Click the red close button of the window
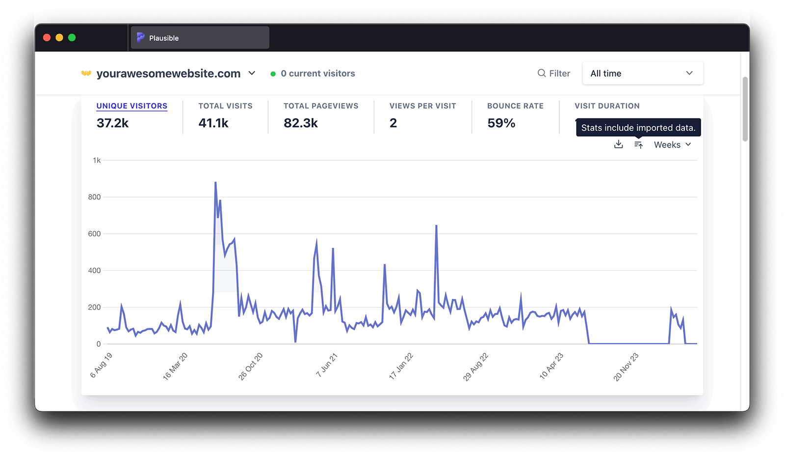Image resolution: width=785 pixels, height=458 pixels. (47, 38)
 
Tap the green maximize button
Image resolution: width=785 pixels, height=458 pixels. (72, 38)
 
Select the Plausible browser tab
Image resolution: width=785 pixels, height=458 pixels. (200, 38)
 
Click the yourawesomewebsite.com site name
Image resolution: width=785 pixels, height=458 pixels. (168, 74)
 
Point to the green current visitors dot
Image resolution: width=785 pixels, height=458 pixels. (273, 74)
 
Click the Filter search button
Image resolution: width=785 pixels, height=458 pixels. (554, 73)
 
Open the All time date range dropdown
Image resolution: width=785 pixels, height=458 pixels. (642, 73)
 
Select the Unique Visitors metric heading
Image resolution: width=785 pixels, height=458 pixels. (131, 106)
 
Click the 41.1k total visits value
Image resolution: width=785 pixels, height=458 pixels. (213, 123)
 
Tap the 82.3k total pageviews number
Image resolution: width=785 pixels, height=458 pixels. (301, 123)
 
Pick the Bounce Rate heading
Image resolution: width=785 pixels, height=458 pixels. (515, 106)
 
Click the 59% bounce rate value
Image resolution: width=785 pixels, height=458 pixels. (501, 123)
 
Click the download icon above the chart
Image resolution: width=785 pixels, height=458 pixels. (619, 144)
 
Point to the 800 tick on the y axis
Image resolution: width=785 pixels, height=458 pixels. (94, 197)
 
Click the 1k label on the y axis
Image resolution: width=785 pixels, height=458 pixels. (97, 160)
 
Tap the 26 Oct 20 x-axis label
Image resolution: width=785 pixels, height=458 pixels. (251, 366)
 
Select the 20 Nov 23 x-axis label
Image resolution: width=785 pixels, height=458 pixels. (626, 367)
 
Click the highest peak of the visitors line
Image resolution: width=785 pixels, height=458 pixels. (215, 183)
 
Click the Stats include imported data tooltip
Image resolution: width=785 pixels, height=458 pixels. (638, 128)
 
